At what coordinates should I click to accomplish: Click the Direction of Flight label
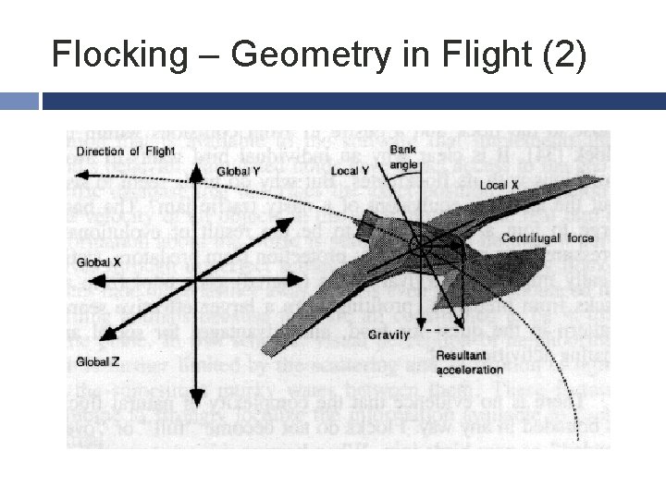click(x=126, y=152)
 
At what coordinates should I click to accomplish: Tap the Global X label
click(x=99, y=262)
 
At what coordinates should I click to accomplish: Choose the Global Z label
click(x=99, y=360)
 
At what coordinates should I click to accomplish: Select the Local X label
click(x=499, y=186)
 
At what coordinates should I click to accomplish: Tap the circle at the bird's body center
click(x=418, y=246)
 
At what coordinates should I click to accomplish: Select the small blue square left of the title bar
click(x=19, y=100)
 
